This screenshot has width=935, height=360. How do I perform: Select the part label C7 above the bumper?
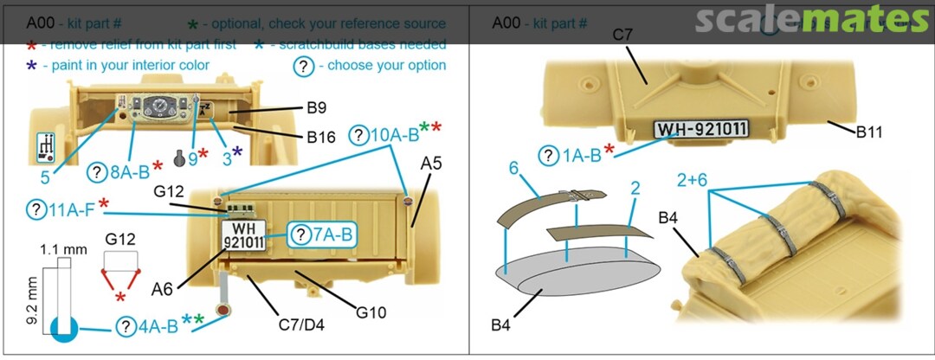624,35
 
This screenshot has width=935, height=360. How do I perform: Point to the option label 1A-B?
577,156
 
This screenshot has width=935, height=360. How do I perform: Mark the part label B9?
316,109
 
